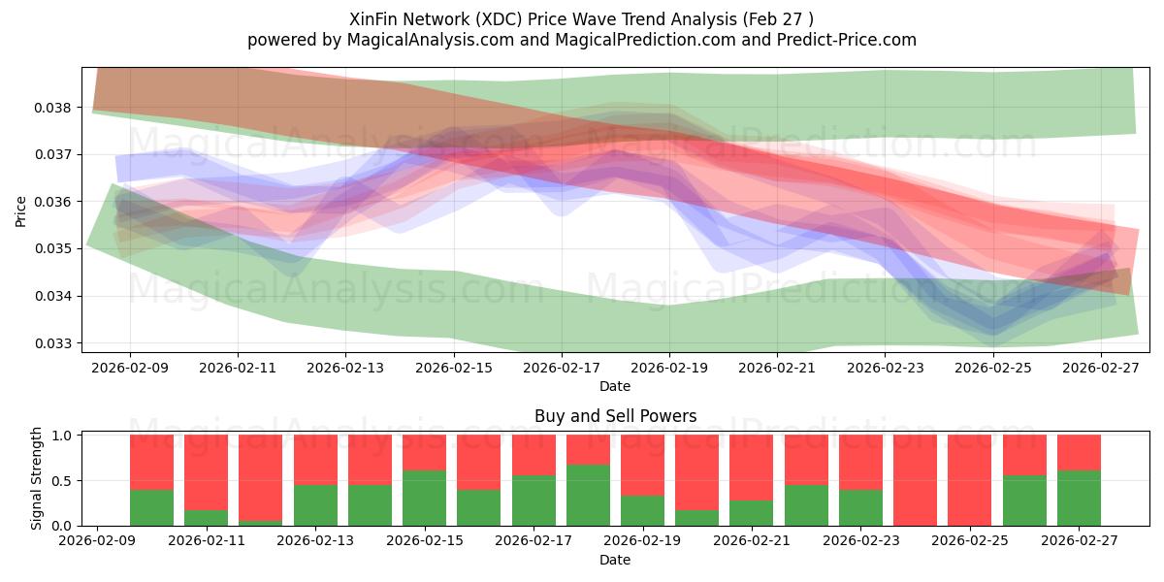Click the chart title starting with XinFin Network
(581, 18)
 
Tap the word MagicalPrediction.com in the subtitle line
(669, 40)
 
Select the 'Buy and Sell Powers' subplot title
(615, 416)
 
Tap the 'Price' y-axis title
(21, 210)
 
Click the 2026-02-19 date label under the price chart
(669, 369)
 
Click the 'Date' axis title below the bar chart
(615, 560)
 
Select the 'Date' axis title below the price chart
(615, 386)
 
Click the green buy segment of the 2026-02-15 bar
(424, 499)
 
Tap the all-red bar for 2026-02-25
(969, 480)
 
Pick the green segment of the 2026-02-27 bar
(1078, 499)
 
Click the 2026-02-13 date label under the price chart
(346, 369)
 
